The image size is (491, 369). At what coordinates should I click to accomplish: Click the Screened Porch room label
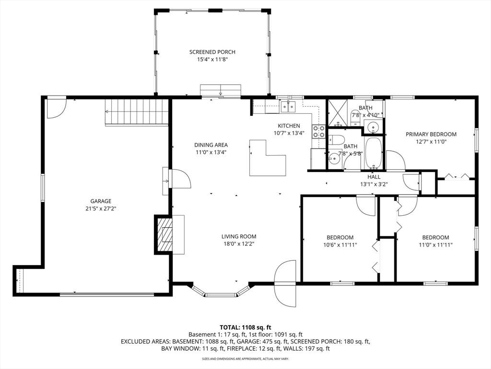(212, 52)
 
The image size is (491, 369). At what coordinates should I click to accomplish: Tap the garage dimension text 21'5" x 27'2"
(101, 208)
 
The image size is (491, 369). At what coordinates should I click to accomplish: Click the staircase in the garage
(137, 112)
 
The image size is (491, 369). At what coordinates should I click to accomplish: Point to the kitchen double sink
(288, 107)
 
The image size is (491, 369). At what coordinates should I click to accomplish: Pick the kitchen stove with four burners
(318, 132)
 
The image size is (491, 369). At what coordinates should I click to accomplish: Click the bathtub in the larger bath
(373, 152)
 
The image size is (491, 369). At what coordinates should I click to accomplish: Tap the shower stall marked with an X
(338, 113)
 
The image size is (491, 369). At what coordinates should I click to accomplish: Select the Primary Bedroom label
(431, 135)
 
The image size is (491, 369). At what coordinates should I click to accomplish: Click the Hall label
(374, 177)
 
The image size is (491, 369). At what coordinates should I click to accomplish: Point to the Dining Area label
(211, 145)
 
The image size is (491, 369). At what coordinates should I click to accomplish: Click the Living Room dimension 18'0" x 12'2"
(239, 244)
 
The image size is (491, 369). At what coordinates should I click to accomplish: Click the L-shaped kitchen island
(268, 158)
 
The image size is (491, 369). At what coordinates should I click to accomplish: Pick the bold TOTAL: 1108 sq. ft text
(245, 328)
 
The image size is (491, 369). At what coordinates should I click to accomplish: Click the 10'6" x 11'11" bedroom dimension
(340, 245)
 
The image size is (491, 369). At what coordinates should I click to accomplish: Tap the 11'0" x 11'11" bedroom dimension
(435, 245)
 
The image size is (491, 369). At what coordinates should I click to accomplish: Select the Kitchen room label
(289, 126)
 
